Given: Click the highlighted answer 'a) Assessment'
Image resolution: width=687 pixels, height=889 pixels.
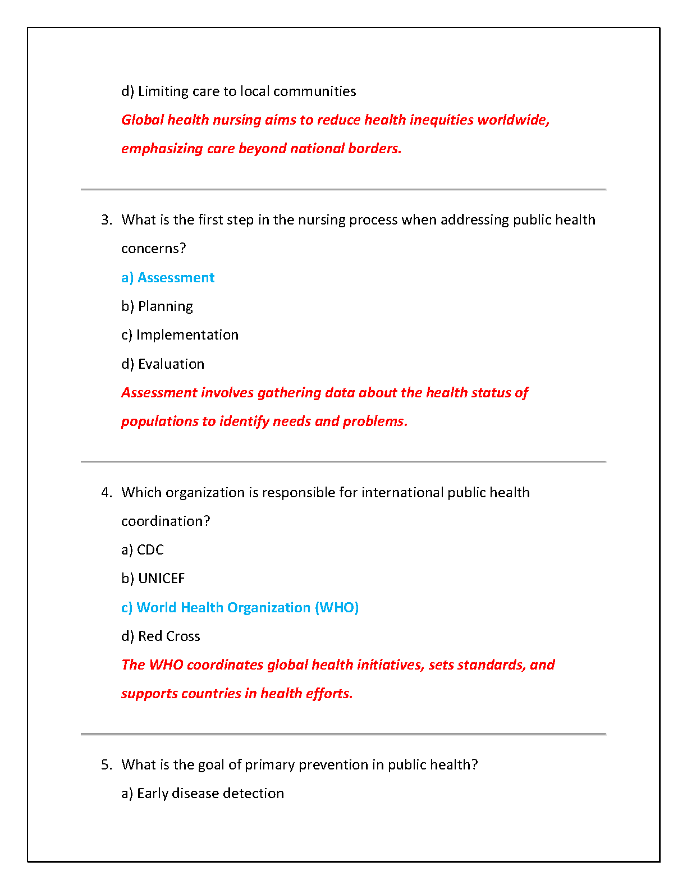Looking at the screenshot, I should [168, 278].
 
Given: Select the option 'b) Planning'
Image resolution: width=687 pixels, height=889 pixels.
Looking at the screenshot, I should [157, 306].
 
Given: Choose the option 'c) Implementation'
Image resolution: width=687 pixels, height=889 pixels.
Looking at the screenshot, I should [180, 335].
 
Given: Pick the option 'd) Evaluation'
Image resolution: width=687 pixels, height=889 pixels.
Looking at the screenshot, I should [163, 364].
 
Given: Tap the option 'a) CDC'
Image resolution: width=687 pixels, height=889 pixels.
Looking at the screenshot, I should [143, 550].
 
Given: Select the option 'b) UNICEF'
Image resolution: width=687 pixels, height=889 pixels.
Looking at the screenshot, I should [153, 579].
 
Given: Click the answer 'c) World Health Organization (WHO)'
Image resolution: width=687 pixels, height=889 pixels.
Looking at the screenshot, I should [240, 608].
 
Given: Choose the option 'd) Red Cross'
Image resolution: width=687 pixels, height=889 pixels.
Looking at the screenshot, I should [161, 636].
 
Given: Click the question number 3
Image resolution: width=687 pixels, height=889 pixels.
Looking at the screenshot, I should [107, 220].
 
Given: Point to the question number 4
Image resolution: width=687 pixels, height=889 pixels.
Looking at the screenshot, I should [107, 493].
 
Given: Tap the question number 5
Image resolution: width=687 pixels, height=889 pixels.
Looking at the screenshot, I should [107, 765].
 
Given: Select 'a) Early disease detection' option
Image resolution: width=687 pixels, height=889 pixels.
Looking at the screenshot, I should [203, 794].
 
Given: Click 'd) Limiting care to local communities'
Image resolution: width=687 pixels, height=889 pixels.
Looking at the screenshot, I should [239, 91].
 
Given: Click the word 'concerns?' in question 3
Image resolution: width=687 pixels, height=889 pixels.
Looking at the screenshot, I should [153, 249].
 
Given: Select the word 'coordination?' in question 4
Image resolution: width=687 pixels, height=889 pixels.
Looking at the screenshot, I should [166, 521].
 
